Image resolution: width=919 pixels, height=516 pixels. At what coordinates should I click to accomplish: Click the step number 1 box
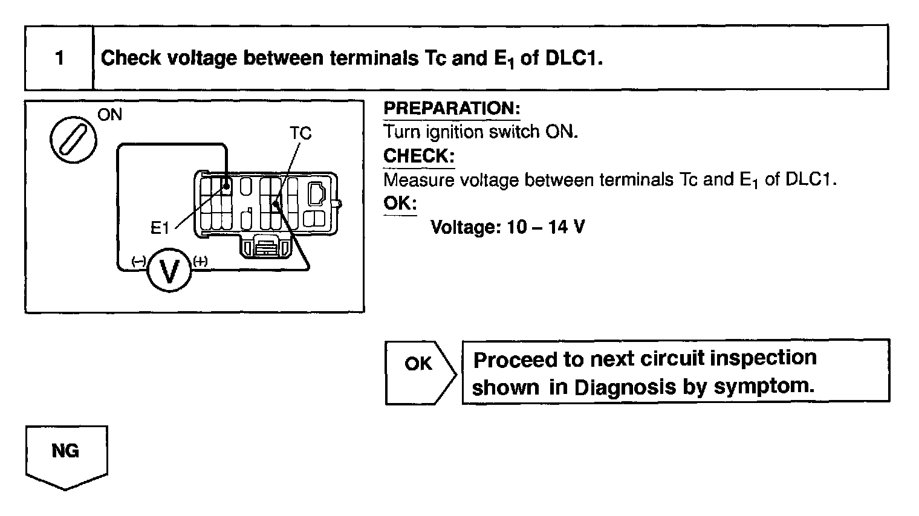59,59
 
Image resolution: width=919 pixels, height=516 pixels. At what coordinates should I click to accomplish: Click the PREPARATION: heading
452,109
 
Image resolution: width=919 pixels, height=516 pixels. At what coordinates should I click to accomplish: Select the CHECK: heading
418,156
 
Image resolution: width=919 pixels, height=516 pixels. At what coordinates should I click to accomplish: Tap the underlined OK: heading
400,203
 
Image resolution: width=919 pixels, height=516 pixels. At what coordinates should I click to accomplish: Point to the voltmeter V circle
169,271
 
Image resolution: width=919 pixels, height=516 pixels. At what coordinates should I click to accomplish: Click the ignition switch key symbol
71,139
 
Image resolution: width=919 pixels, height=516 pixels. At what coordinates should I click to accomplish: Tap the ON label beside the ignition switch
109,114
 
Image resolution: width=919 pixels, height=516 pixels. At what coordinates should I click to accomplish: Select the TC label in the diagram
300,133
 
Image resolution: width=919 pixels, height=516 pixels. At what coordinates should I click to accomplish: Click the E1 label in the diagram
160,228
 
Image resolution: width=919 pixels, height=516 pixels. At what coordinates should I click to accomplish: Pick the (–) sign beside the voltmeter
138,261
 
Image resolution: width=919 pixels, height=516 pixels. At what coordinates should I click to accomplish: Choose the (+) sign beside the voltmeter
200,261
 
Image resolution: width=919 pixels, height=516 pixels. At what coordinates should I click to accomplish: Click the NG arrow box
65,452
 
